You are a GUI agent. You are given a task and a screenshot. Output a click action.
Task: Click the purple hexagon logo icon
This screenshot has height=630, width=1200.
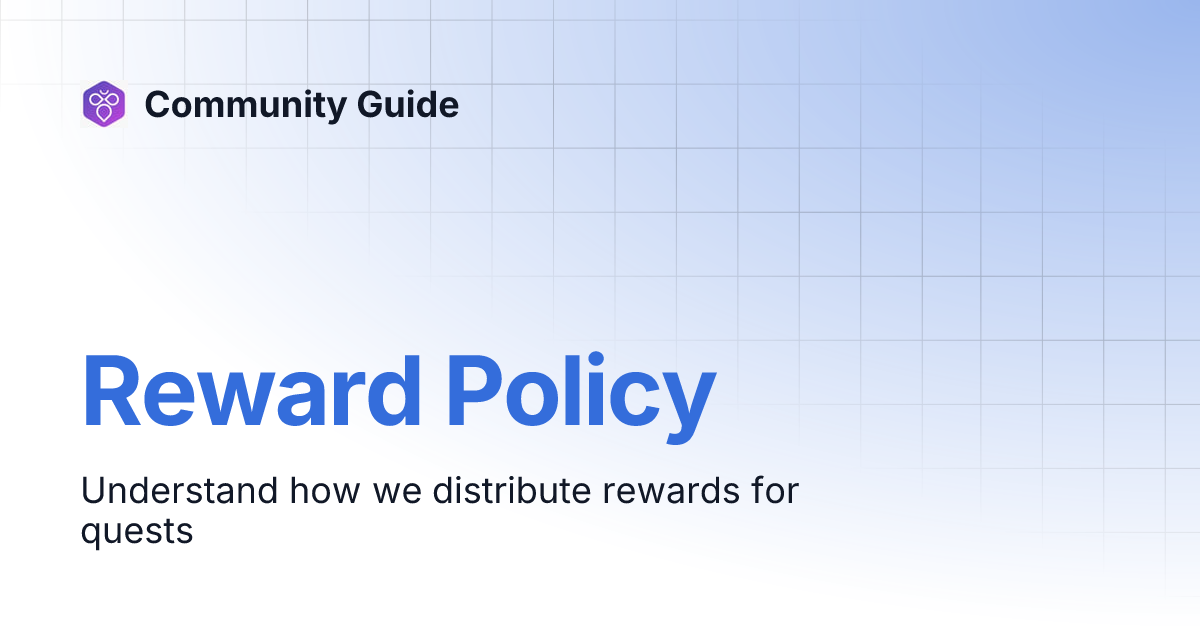coord(104,104)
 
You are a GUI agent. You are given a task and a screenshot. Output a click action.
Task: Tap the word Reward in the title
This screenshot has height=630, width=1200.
coord(251,391)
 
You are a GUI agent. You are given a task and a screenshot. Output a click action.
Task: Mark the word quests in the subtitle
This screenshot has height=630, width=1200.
coord(136,532)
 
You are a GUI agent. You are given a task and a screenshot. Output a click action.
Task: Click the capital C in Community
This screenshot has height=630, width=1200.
coord(158,104)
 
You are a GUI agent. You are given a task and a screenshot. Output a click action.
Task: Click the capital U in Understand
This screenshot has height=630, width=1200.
coord(92,491)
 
